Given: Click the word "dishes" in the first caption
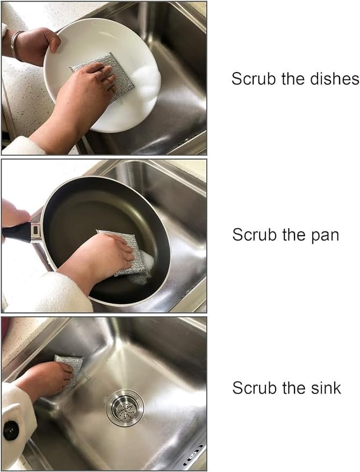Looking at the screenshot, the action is coord(334,79).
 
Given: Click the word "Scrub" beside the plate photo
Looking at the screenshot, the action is coord(254,79).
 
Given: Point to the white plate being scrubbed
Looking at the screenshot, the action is coord(103,75).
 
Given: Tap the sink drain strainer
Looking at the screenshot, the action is coord(125,408).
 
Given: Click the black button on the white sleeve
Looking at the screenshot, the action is coord(11,431).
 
